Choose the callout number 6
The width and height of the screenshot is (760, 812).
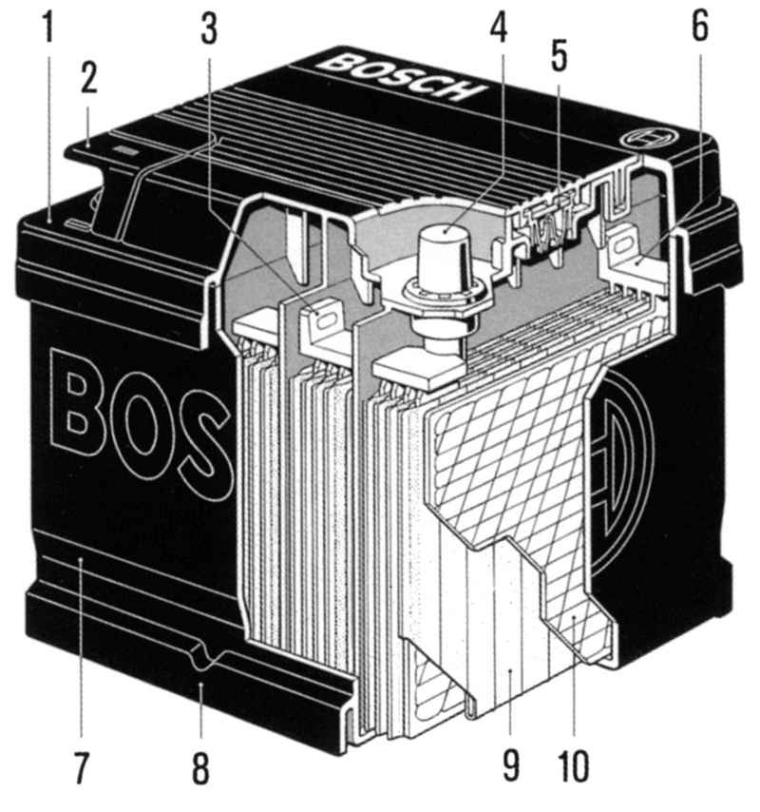700,25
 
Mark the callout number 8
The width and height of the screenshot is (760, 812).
201,768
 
